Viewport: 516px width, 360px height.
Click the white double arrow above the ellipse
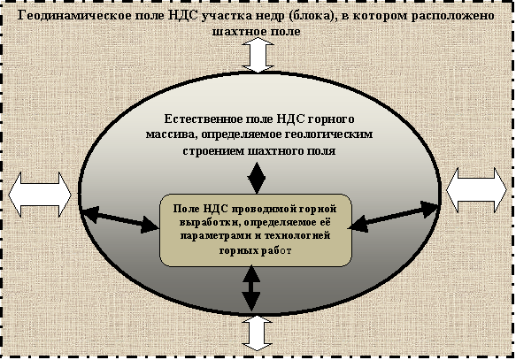click(258, 55)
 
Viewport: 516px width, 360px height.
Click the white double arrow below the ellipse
click(257, 333)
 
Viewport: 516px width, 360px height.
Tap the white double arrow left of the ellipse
click(40, 195)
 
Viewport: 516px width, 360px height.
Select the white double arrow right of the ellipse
click(476, 189)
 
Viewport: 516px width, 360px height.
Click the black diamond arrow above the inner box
click(257, 178)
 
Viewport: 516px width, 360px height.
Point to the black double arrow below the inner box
click(251, 288)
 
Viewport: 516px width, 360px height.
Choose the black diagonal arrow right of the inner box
click(394, 217)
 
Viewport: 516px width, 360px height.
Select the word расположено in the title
click(452, 15)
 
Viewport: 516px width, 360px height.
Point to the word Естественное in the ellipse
click(204, 119)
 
